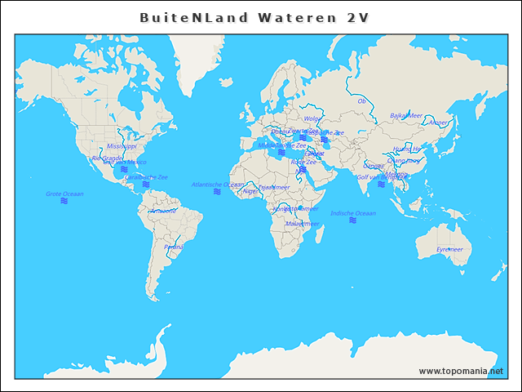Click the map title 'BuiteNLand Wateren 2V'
(254, 17)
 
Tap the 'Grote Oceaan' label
(64, 194)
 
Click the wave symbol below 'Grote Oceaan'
(64, 201)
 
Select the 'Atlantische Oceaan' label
(217, 185)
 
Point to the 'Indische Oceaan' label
(353, 213)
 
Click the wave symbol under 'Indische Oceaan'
(352, 220)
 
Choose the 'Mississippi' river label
(122, 146)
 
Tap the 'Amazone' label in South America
(163, 211)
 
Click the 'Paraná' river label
(174, 246)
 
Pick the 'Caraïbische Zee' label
(146, 177)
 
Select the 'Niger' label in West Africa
(250, 191)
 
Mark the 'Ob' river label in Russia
(362, 101)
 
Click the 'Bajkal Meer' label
(406, 116)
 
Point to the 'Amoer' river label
(438, 122)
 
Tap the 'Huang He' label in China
(407, 149)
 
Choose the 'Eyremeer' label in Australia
(449, 249)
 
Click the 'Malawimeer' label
(302, 223)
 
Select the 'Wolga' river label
(312, 118)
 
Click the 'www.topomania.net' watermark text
(461, 371)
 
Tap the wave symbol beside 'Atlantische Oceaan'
(217, 192)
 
